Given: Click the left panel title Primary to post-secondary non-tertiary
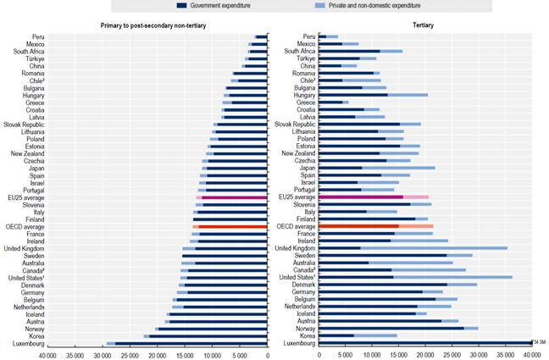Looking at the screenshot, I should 152,25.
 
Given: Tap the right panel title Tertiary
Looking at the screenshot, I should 422,25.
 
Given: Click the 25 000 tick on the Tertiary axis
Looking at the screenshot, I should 452,354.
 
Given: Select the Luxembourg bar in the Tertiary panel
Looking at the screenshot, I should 424,343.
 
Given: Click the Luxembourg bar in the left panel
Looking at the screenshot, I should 187,343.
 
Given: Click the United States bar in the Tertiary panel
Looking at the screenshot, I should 415,277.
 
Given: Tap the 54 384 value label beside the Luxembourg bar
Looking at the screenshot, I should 538,342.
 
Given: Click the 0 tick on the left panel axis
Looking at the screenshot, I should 267,354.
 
